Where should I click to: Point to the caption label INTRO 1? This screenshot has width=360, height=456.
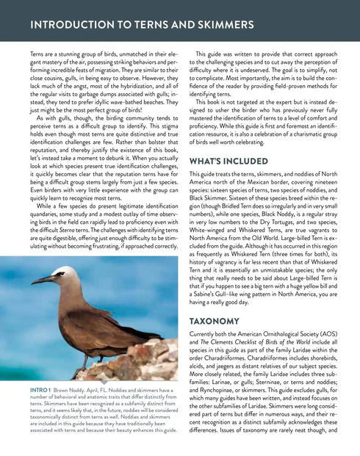40,391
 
